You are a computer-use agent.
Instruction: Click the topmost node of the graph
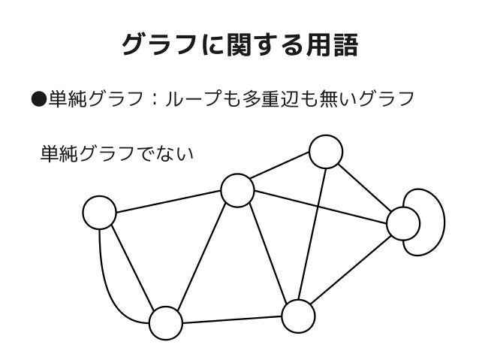(x=327, y=152)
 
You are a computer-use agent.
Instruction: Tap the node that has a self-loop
(x=403, y=222)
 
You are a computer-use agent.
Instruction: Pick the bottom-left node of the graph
(x=166, y=324)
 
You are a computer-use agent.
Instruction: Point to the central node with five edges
(x=237, y=190)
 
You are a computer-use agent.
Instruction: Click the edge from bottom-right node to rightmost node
(x=350, y=270)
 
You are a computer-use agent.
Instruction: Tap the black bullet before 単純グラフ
(x=38, y=98)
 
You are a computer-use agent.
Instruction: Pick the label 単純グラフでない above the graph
(x=116, y=156)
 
